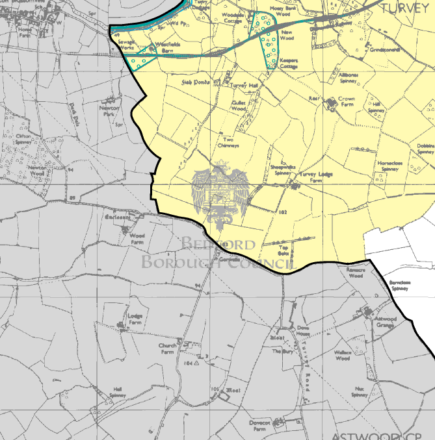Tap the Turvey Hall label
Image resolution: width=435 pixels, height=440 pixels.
[x=245, y=85]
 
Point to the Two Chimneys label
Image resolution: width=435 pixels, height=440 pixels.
[x=228, y=143]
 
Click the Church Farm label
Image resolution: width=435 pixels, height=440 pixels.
[x=168, y=349]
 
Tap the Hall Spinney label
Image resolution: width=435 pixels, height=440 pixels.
[x=118, y=391]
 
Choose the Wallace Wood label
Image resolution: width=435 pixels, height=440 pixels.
[x=342, y=356]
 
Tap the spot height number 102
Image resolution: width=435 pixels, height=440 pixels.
[x=282, y=212]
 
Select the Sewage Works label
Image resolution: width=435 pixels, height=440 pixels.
[x=125, y=43]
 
